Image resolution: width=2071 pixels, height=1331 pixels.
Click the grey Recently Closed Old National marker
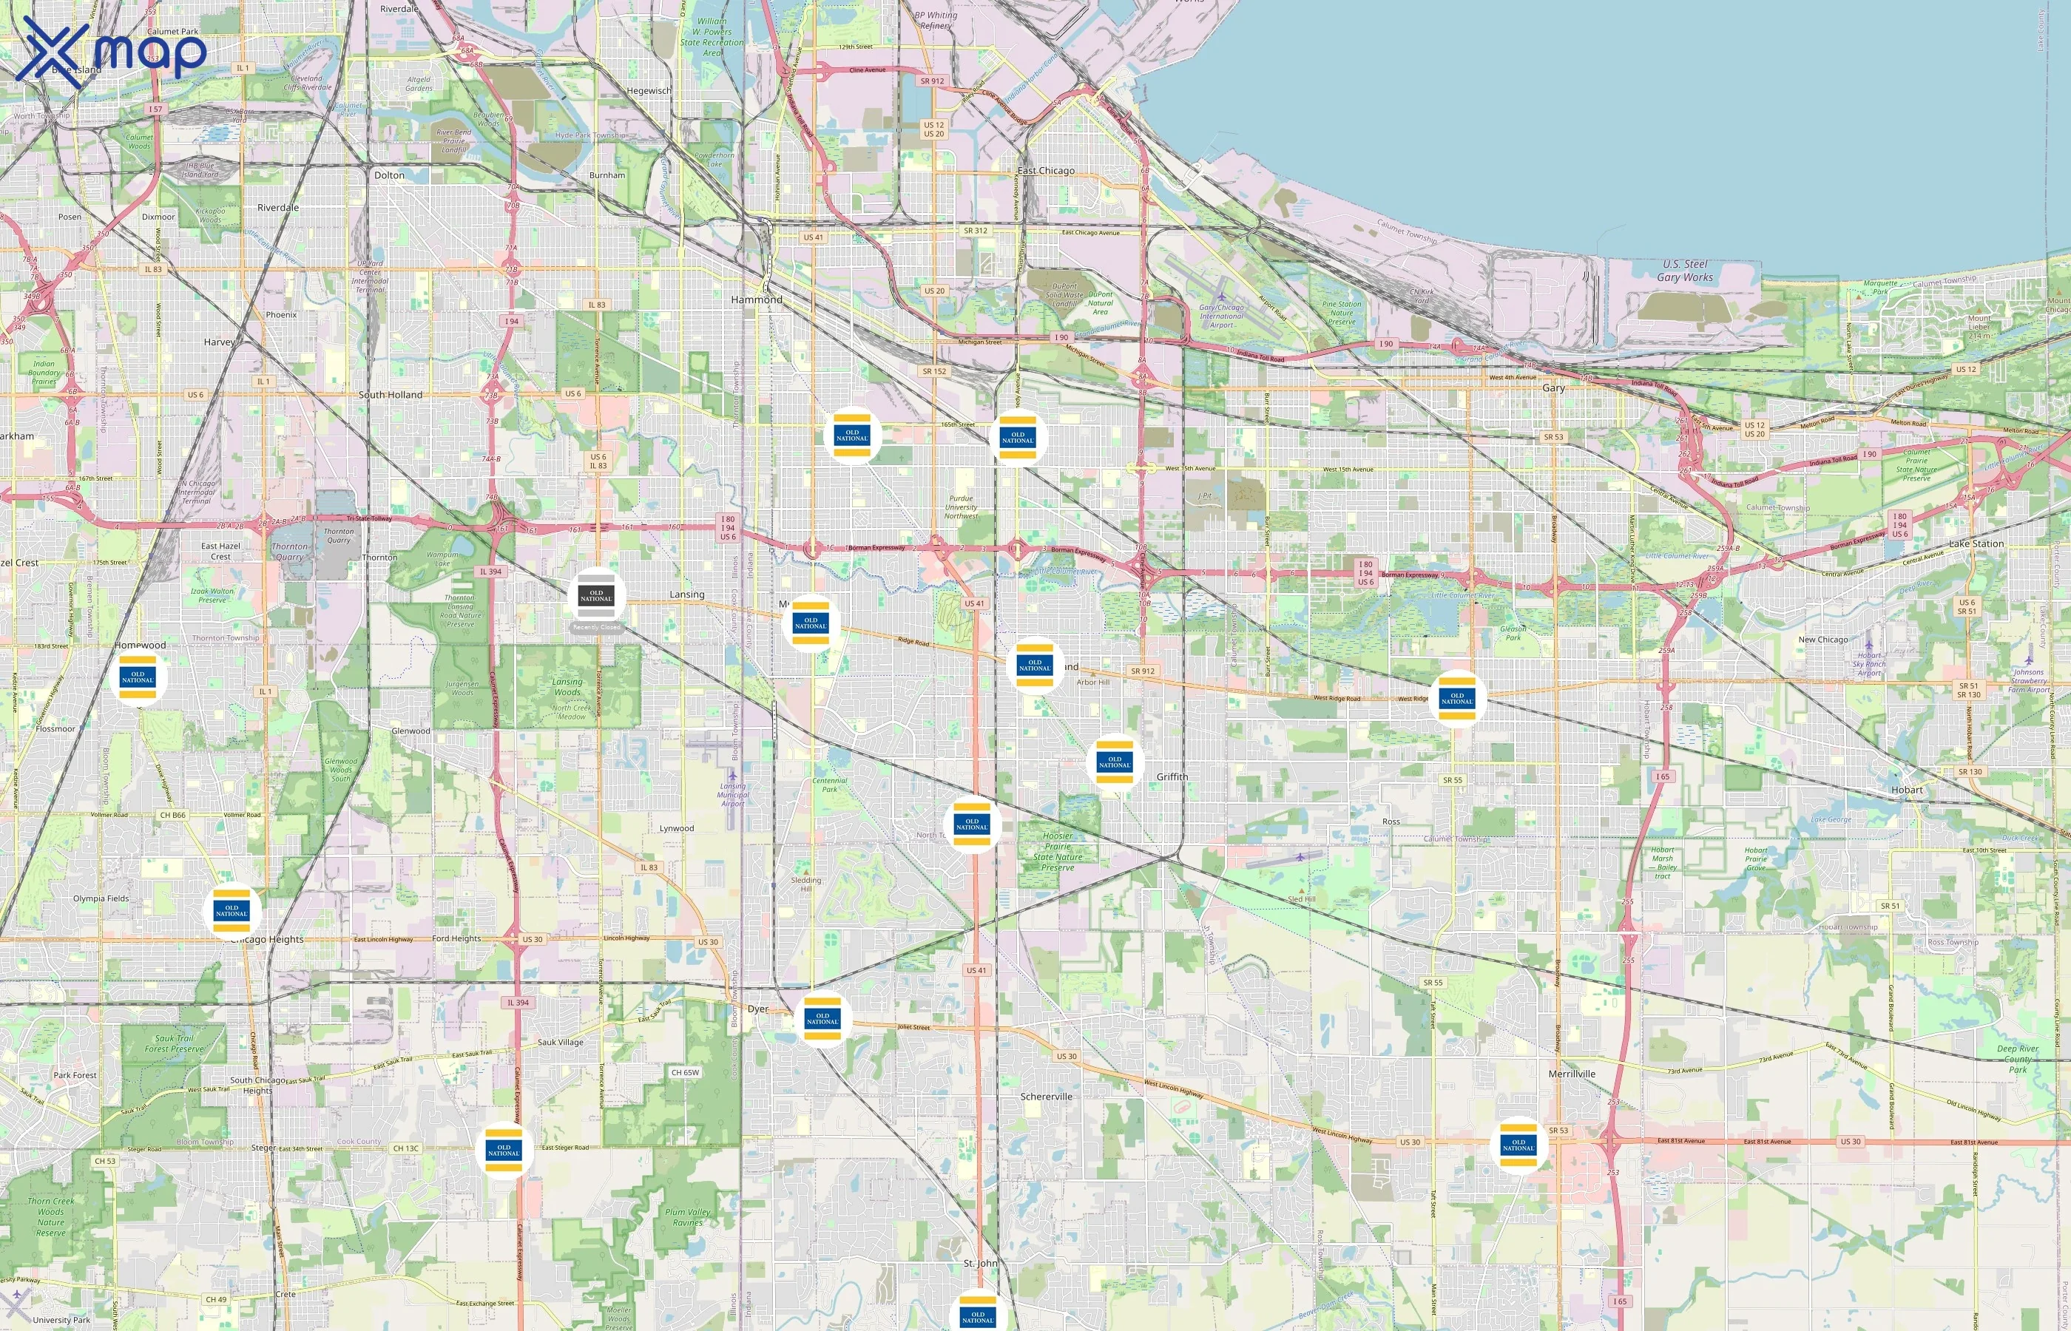pyautogui.click(x=596, y=596)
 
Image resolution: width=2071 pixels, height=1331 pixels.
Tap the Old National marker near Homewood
pyautogui.click(x=138, y=677)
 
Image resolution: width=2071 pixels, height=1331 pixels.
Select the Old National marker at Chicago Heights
pyautogui.click(x=232, y=911)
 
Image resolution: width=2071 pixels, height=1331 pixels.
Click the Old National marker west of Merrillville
pyautogui.click(x=1518, y=1145)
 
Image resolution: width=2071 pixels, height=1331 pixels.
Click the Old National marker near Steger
pyautogui.click(x=504, y=1151)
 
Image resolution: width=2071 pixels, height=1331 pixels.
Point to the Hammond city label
pyautogui.click(x=757, y=300)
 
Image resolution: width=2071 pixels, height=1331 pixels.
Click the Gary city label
pyautogui.click(x=1553, y=388)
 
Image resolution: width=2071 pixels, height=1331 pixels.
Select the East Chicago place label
pyautogui.click(x=1046, y=170)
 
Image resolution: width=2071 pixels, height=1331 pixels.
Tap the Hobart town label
pyautogui.click(x=1907, y=790)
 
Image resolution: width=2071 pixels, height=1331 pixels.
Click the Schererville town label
pyautogui.click(x=1046, y=1097)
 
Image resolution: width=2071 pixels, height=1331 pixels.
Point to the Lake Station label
pyautogui.click(x=1976, y=543)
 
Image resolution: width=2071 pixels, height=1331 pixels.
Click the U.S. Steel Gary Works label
pyautogui.click(x=1685, y=271)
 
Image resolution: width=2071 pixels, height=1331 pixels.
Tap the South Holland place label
pyautogui.click(x=391, y=395)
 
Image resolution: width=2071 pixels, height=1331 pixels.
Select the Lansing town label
pyautogui.click(x=687, y=595)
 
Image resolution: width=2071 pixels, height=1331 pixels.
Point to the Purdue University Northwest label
pyautogui.click(x=961, y=507)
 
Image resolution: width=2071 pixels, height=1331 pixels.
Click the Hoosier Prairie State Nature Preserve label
pyautogui.click(x=1057, y=851)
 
